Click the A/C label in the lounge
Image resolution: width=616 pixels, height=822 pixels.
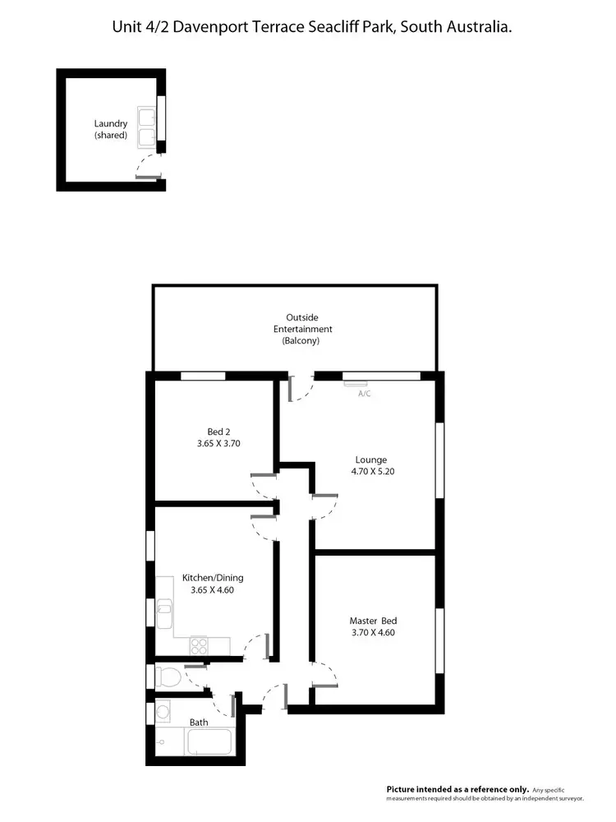365,394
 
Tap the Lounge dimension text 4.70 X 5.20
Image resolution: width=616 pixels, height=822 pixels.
371,472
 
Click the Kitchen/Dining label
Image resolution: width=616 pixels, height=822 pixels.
217,578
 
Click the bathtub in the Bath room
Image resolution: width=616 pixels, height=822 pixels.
210,742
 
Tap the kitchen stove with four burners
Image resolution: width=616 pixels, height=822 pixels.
199,646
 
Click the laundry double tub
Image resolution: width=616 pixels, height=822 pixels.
148,127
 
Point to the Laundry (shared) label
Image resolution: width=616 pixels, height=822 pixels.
111,129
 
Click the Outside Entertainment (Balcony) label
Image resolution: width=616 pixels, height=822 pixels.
302,329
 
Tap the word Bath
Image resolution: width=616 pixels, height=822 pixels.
199,723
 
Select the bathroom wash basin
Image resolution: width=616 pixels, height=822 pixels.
163,709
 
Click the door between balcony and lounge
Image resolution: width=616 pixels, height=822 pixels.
301,388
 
